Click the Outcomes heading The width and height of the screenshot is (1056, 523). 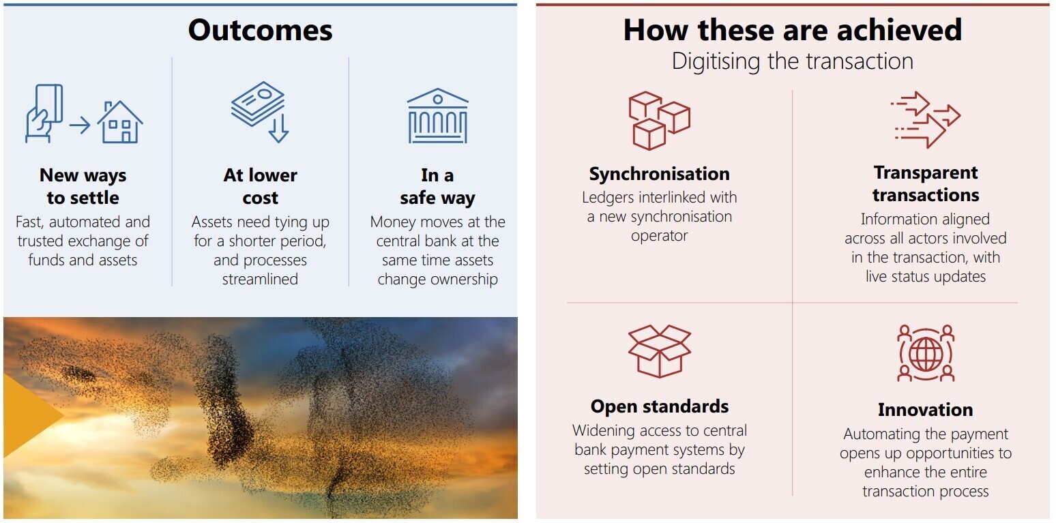tap(260, 30)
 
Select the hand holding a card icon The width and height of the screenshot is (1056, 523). tap(44, 113)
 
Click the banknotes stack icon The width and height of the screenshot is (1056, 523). tap(257, 104)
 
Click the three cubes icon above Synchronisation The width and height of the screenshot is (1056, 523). tap(659, 121)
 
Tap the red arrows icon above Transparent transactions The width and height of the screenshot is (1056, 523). tap(926, 120)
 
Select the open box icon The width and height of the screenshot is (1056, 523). tap(660, 351)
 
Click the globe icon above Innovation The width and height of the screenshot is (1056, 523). tap(926, 353)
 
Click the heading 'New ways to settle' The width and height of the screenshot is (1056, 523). tap(83, 186)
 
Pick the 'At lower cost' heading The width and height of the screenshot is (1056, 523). tap(260, 186)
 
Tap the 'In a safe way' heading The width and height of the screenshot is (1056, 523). tap(437, 186)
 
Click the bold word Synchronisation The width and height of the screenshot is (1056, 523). tap(660, 174)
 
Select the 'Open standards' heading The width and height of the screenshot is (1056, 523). tap(660, 406)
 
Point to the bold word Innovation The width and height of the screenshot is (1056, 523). tap(926, 409)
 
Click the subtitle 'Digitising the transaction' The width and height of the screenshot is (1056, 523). tap(793, 61)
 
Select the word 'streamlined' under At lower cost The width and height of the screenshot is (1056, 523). tap(260, 279)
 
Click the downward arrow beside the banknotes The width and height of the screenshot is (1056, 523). tap(278, 128)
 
